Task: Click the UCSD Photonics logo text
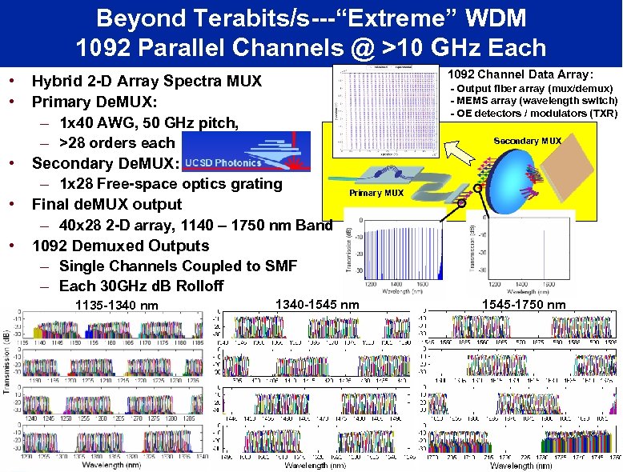[x=223, y=163]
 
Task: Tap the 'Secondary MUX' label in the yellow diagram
[x=528, y=141]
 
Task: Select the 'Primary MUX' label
[x=376, y=193]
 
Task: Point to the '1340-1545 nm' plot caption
[x=316, y=303]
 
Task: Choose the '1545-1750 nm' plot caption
[x=525, y=304]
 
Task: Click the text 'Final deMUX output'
[x=107, y=204]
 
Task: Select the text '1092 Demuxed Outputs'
[x=120, y=246]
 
